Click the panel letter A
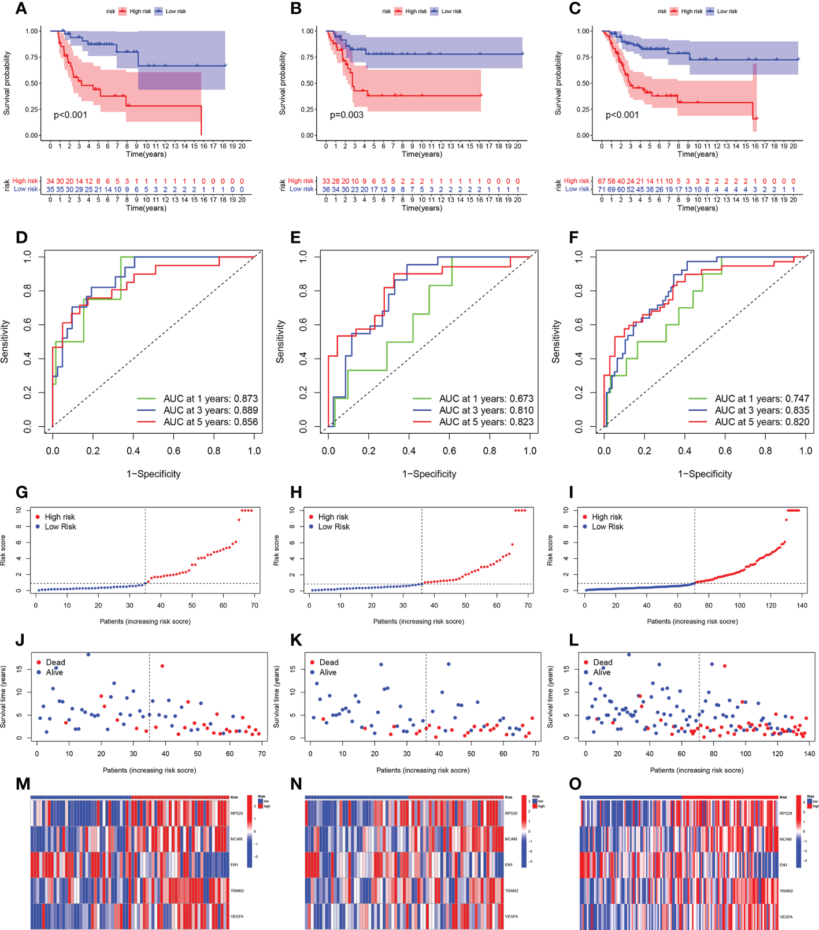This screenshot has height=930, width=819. [21, 9]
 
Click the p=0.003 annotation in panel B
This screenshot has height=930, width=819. [346, 115]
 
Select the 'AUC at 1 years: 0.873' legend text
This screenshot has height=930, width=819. [210, 398]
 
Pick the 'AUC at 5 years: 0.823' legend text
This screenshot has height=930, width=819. [486, 422]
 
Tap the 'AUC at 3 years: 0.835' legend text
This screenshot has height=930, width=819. [762, 410]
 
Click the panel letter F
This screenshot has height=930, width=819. [574, 238]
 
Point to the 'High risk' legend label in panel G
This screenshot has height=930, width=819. [60, 516]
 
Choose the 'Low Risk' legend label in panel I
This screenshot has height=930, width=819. [607, 526]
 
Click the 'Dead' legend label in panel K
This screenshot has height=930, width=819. [329, 662]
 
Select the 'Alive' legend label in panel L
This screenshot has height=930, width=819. [602, 672]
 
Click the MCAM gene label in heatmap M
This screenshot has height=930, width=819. [237, 839]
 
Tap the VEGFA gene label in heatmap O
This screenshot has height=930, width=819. [786, 917]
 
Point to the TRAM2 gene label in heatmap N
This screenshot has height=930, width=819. [512, 891]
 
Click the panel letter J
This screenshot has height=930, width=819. [20, 640]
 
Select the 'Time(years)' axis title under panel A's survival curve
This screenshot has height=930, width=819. [146, 154]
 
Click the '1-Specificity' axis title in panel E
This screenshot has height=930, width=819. [429, 474]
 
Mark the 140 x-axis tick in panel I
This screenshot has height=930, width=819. [802, 606]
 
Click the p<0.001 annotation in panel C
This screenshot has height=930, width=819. [622, 115]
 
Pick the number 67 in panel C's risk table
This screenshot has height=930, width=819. [602, 181]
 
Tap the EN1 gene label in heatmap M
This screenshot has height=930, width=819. [234, 865]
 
